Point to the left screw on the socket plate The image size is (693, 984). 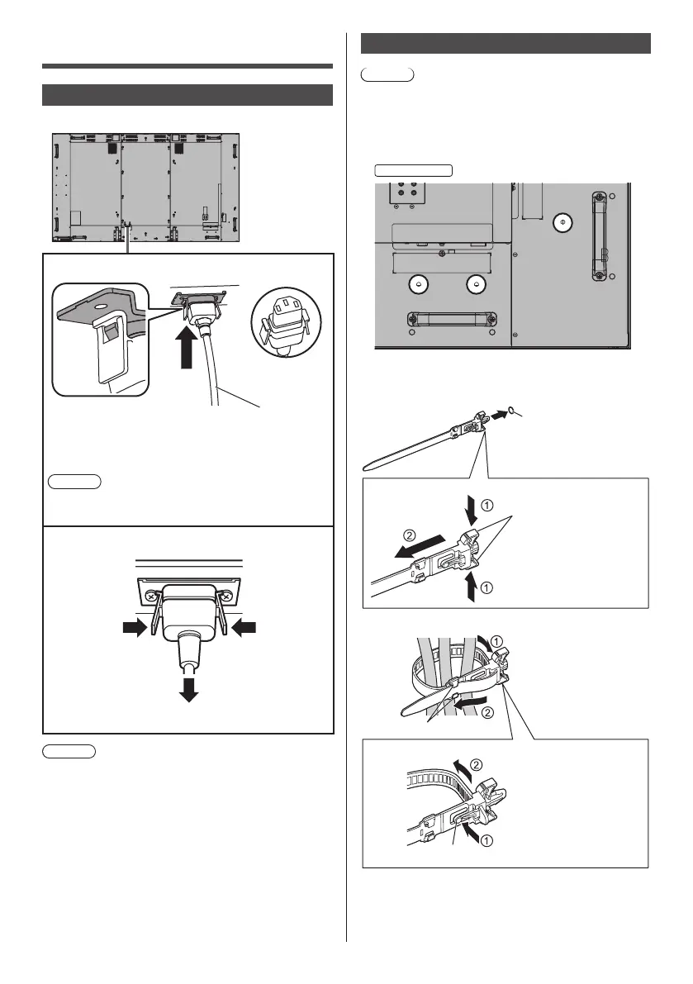coord(152,593)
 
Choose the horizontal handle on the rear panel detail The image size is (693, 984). coord(450,319)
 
